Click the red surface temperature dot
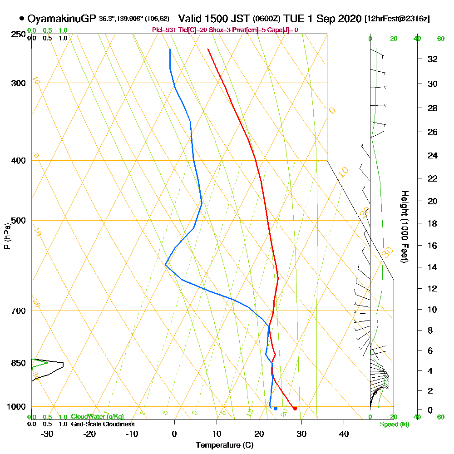click(295, 409)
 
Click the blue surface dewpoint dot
click(276, 409)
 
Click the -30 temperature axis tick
click(47, 434)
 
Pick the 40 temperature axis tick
click(344, 434)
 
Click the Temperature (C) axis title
click(224, 445)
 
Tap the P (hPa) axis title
click(7, 236)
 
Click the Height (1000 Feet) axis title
click(404, 227)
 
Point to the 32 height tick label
click(433, 59)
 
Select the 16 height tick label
click(433, 246)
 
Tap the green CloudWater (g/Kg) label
click(97, 417)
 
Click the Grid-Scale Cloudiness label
click(102, 424)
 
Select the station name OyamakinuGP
click(62, 19)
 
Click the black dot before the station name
click(22, 19)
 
